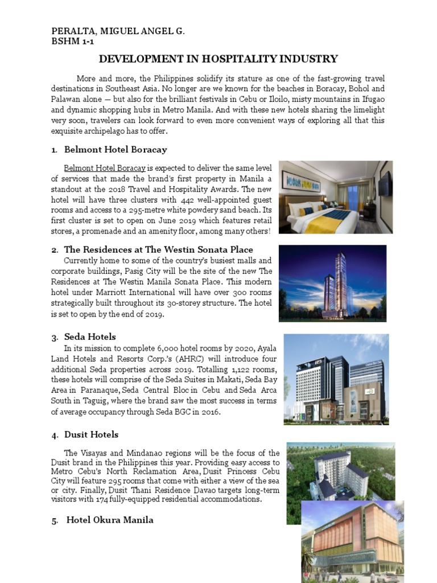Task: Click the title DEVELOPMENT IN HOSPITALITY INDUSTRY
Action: point(218,59)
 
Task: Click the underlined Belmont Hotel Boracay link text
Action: point(105,169)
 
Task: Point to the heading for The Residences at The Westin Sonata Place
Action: point(159,249)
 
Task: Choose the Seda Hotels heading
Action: point(90,336)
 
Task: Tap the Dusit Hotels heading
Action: point(92,434)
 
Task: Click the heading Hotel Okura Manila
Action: point(110,520)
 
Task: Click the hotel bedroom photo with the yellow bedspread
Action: point(336,197)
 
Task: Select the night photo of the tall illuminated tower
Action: point(332,283)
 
